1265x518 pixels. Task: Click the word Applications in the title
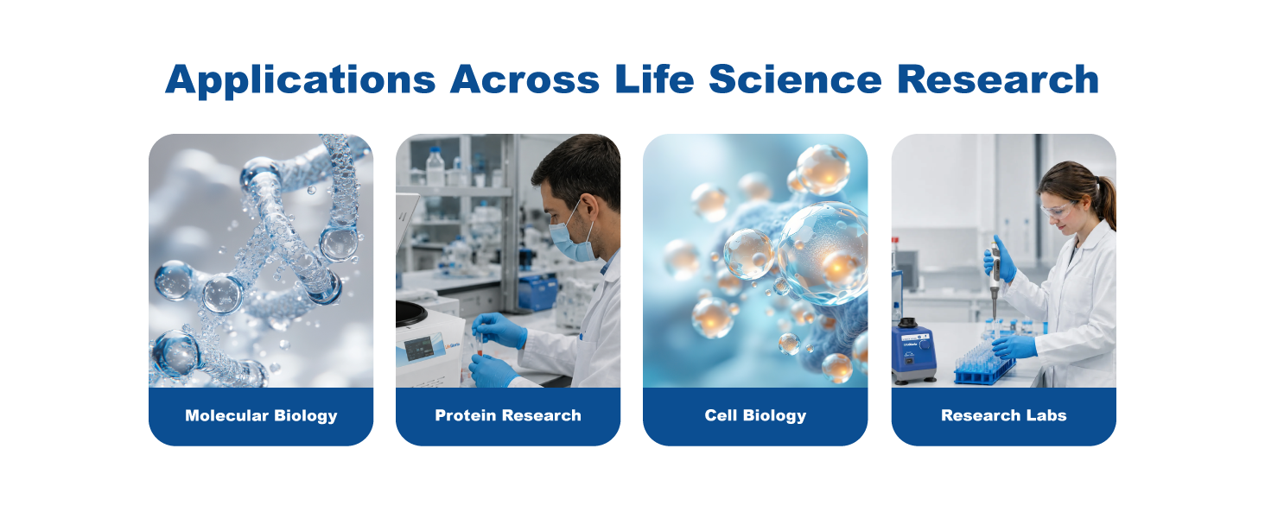coord(301,80)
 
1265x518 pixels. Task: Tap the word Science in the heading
coord(795,79)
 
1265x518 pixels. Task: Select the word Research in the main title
coord(998,79)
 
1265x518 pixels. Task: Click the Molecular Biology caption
coord(261,416)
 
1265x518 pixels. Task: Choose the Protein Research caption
coord(508,415)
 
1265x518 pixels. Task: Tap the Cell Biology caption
coord(755,416)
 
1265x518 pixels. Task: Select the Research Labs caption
coord(1003,415)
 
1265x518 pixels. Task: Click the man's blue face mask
coord(570,240)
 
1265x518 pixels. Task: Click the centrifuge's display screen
coord(418,349)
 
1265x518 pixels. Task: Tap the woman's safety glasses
coord(1057,211)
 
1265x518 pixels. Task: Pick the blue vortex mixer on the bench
coord(912,351)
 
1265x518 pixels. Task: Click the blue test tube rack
coord(984,366)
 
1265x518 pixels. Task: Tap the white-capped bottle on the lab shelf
coord(435,167)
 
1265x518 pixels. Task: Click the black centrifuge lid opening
coord(410,313)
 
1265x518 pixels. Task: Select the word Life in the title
coord(654,79)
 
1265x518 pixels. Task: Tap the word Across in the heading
coord(524,79)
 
